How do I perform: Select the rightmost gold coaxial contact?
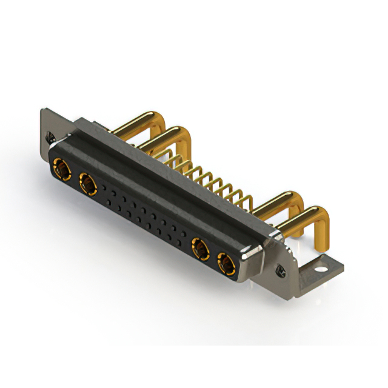pyautogui.click(x=226, y=264)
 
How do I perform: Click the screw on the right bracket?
pyautogui.click(x=281, y=269)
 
